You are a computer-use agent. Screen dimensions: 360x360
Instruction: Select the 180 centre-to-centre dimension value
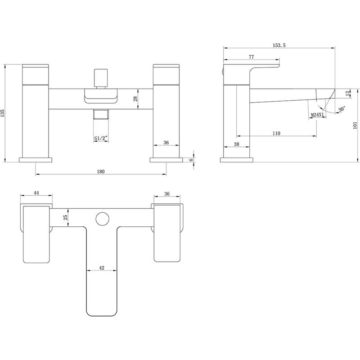point(101,171)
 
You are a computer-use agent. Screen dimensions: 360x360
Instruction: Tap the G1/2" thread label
point(101,139)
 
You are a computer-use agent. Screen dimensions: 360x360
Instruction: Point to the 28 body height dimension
point(135,99)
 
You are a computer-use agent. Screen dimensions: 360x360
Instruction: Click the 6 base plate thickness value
point(191,160)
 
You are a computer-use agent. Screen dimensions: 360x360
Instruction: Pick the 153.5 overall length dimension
point(279,45)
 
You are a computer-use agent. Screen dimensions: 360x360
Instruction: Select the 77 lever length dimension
point(251,57)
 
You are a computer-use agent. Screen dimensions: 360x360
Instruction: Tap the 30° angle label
point(341,109)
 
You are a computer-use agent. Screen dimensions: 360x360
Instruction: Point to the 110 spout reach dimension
point(276,133)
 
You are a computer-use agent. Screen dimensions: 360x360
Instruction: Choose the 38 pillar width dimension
point(236,144)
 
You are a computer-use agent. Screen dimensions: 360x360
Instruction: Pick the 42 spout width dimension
point(101,268)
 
